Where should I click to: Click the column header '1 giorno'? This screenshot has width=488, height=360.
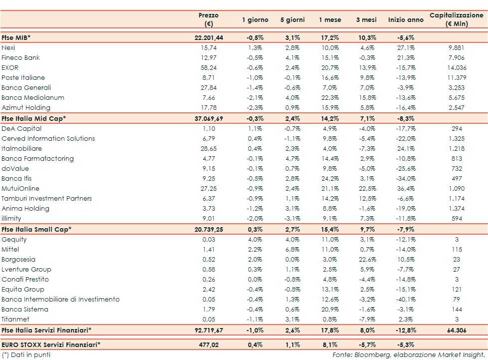[x=255, y=20]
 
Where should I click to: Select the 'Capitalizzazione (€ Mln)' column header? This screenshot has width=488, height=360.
[x=456, y=20]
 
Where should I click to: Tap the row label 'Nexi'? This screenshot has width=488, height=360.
[x=8, y=47]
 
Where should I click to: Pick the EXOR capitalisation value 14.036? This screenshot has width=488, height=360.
[x=457, y=67]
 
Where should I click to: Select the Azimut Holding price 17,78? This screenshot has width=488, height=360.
[x=209, y=107]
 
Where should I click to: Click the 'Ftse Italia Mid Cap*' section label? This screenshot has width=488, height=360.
[x=34, y=118]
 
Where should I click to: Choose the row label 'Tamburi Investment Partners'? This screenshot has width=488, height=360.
[x=47, y=198]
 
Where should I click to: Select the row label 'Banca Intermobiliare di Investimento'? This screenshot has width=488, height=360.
[x=61, y=299]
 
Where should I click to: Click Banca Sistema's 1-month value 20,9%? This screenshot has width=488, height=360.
[x=330, y=309]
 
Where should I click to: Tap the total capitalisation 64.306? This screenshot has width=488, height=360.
[x=457, y=330]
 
